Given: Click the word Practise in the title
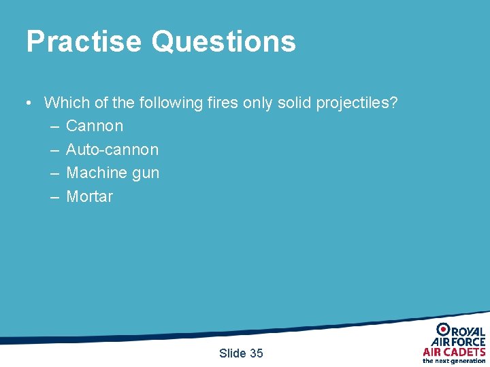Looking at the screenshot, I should (x=84, y=41).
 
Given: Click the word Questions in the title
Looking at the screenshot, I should (x=224, y=41).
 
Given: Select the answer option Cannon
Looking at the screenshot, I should (x=95, y=126).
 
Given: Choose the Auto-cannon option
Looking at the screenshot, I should (x=112, y=150).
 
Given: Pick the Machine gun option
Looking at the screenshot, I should (x=112, y=173).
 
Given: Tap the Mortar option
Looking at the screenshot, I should (x=89, y=197).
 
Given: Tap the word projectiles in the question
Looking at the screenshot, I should (x=357, y=103).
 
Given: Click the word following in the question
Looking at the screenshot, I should (x=171, y=103).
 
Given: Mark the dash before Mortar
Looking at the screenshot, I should (x=54, y=197).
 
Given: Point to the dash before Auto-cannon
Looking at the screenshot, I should (x=54, y=150).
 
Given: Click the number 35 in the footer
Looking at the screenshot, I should (x=256, y=353).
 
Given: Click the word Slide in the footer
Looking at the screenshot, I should (x=233, y=353).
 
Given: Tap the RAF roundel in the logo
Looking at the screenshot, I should (x=443, y=330).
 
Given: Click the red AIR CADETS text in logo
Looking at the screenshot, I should (x=454, y=351).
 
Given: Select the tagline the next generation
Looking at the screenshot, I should (x=454, y=361).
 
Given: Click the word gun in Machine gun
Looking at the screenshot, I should (x=146, y=173).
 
